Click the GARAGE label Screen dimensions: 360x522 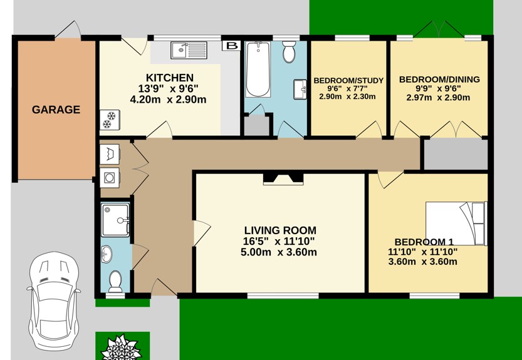(56, 110)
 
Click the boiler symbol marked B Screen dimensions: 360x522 (232, 46)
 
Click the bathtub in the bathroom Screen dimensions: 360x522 (258, 69)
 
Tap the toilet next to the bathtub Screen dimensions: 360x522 (289, 53)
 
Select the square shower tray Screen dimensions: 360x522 (115, 220)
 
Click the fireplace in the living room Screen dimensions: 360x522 (283, 179)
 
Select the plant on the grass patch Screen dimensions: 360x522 (122, 347)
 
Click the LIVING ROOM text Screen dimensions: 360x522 (279, 230)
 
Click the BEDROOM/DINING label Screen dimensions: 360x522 (439, 80)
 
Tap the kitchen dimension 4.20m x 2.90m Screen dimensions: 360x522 (168, 99)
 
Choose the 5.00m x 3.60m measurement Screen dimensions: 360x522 (279, 252)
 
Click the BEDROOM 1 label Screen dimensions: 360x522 (424, 242)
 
